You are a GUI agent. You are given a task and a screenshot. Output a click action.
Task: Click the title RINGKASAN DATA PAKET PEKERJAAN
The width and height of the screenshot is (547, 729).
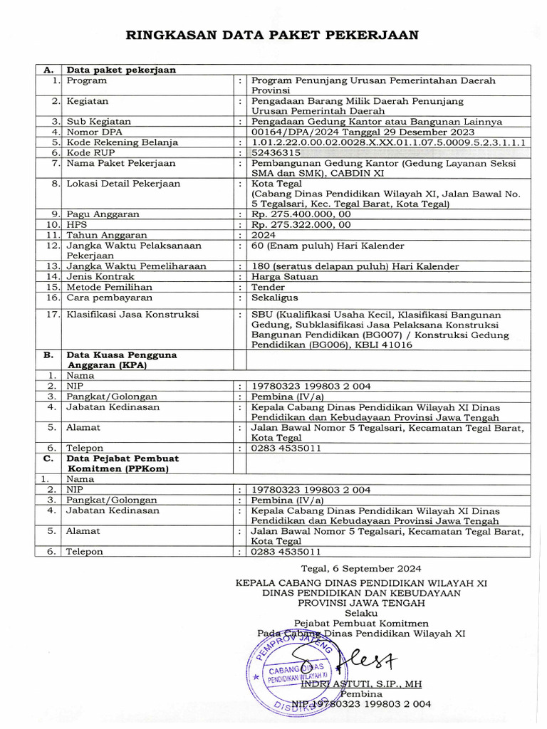click(272, 35)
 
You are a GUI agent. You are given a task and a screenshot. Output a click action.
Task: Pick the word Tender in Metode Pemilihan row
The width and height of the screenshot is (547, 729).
click(269, 287)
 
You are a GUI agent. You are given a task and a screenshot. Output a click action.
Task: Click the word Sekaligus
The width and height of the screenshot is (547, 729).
click(275, 298)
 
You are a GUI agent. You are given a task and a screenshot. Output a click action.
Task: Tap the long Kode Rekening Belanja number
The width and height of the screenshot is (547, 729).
click(389, 142)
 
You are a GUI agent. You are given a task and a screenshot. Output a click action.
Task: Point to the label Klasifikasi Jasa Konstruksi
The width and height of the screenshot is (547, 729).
click(133, 314)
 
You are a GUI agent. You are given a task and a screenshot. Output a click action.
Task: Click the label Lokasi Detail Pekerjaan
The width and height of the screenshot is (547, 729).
click(124, 184)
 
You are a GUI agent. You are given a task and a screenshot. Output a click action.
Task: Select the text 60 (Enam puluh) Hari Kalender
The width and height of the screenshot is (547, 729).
click(328, 246)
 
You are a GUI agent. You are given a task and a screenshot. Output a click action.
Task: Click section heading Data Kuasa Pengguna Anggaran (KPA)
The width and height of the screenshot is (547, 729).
click(122, 360)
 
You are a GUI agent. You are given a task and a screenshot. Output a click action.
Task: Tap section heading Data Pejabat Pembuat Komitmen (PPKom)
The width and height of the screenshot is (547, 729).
click(123, 463)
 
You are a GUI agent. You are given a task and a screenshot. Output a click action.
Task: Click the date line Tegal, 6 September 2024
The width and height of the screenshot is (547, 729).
click(361, 568)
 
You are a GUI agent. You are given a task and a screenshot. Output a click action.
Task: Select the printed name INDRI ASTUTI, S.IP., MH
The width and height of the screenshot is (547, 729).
click(361, 683)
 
